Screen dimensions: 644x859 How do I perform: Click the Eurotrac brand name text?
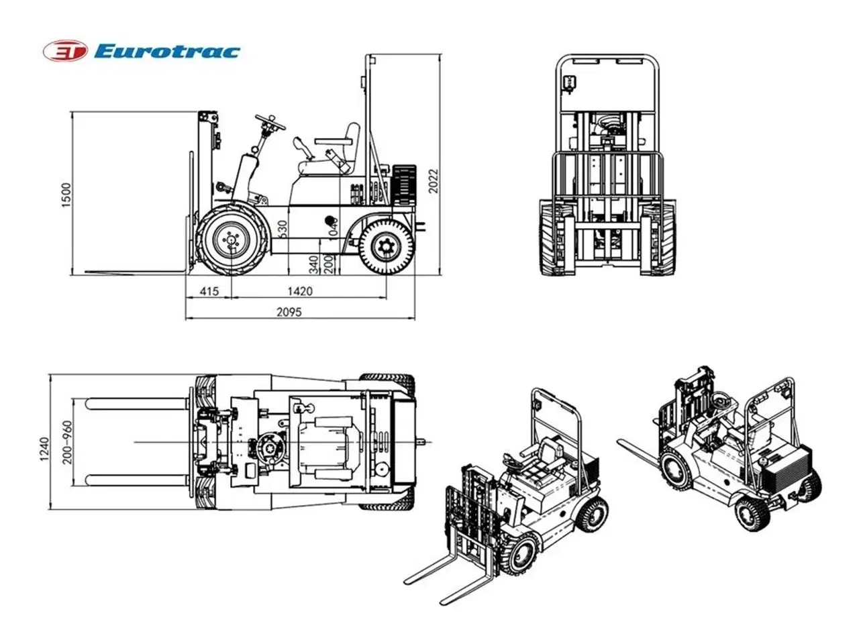click(x=166, y=52)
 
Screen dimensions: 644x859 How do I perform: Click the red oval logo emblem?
click(x=65, y=52)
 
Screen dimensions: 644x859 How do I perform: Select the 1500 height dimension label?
click(x=66, y=195)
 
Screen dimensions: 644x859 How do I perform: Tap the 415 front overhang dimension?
click(x=209, y=292)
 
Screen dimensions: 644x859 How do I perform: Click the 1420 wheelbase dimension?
click(x=299, y=292)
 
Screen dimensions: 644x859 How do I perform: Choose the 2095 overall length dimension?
click(x=289, y=312)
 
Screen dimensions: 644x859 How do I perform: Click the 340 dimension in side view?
click(x=314, y=264)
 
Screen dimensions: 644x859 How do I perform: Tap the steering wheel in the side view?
click(x=270, y=122)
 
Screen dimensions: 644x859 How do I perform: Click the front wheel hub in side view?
click(x=232, y=240)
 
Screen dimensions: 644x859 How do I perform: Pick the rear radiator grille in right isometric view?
click(x=784, y=474)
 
